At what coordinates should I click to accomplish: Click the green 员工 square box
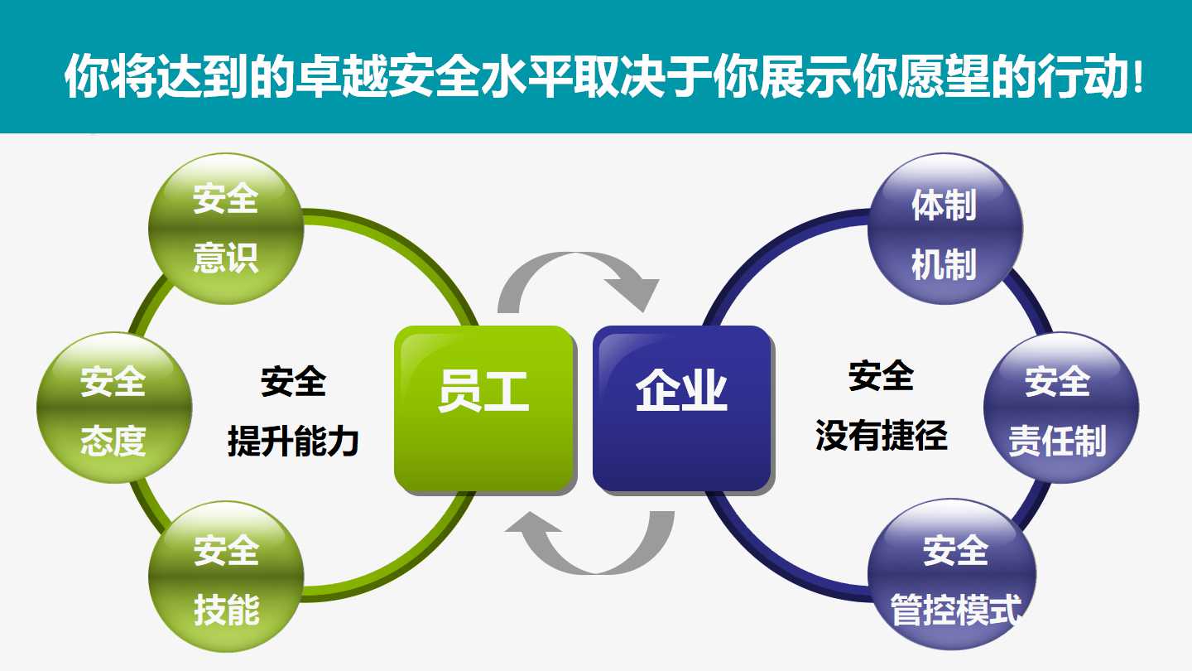pos(484,408)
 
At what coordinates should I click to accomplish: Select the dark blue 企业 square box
pos(682,408)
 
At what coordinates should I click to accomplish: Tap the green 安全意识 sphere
pos(226,229)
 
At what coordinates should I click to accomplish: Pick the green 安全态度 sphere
pos(114,408)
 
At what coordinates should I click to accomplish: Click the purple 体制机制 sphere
pos(945,229)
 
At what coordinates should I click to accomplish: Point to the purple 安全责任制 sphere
pos(1061,408)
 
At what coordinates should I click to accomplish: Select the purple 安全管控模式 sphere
pos(953,575)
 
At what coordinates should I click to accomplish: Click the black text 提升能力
pos(293,441)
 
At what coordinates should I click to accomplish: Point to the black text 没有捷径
pos(882,435)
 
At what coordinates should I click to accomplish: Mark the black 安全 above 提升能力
pos(293,381)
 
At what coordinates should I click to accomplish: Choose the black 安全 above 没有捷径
pos(882,375)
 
